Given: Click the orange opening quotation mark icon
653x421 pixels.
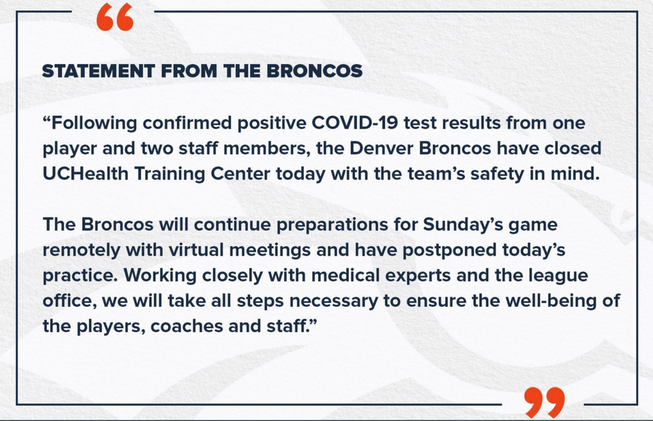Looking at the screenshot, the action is [115, 18].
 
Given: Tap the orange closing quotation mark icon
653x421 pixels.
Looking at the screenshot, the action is [544, 402].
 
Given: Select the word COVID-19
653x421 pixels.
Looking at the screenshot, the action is [355, 123].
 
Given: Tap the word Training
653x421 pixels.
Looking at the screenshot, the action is [170, 174].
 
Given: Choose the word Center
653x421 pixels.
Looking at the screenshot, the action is [240, 174].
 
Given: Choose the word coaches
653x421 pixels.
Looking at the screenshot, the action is [187, 326].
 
